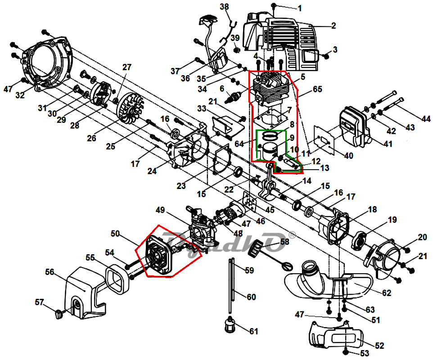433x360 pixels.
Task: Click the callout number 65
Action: (317, 89)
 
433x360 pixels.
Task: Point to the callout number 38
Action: (225, 7)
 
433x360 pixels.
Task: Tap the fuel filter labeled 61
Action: (231, 324)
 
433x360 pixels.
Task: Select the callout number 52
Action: (379, 346)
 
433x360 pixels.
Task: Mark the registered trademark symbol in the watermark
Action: (292, 234)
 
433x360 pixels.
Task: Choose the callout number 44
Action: (426, 119)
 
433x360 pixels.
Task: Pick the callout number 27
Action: (126, 67)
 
